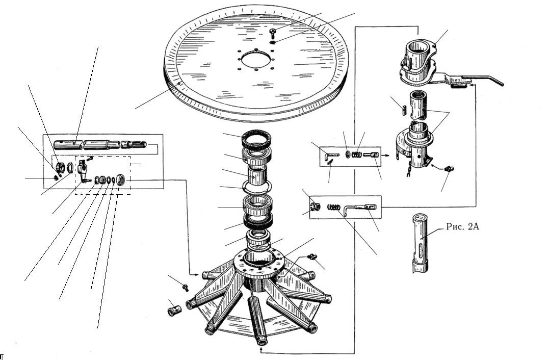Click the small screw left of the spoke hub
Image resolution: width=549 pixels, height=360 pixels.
click(x=185, y=287)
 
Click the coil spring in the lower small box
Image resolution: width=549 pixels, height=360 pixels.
click(x=333, y=207)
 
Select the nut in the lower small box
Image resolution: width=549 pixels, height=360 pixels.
click(x=315, y=207)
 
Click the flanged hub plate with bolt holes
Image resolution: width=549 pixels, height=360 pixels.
click(x=259, y=261)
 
